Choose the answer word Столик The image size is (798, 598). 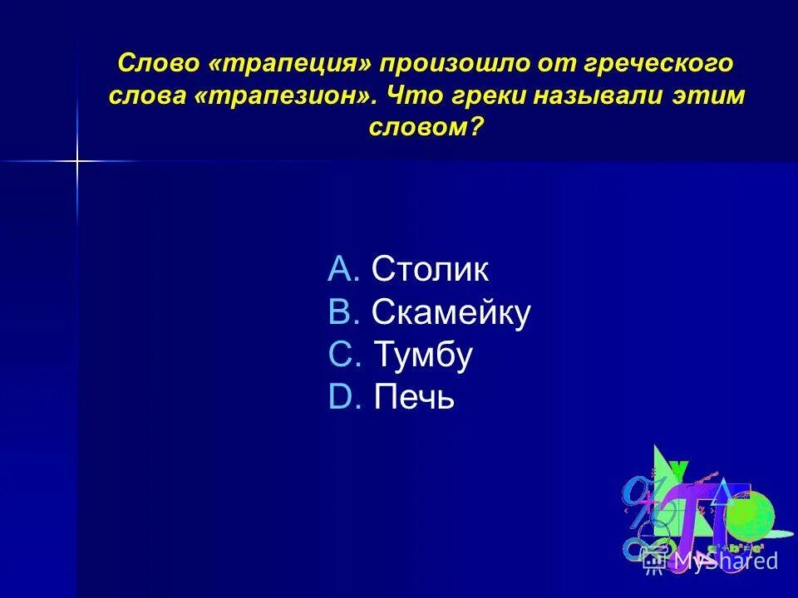coord(430,269)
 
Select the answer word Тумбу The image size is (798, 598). coord(423,355)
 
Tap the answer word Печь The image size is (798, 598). coord(414,399)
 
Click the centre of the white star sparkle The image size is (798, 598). coord(76,160)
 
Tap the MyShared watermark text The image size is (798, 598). coord(725,561)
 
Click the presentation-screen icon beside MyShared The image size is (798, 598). coord(654,562)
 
